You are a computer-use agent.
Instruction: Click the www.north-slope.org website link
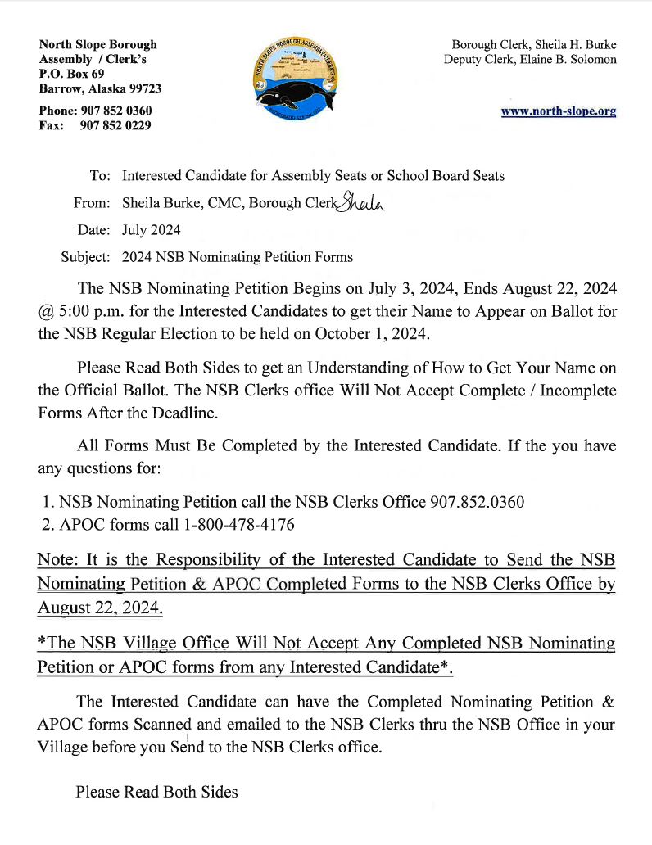(559, 111)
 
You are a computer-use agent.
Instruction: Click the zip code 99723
(142, 88)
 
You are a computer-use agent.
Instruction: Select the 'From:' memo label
(91, 203)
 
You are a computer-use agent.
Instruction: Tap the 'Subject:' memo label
(86, 257)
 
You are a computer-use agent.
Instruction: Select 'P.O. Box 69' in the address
(72, 74)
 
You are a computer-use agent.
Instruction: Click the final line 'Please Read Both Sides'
(156, 792)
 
